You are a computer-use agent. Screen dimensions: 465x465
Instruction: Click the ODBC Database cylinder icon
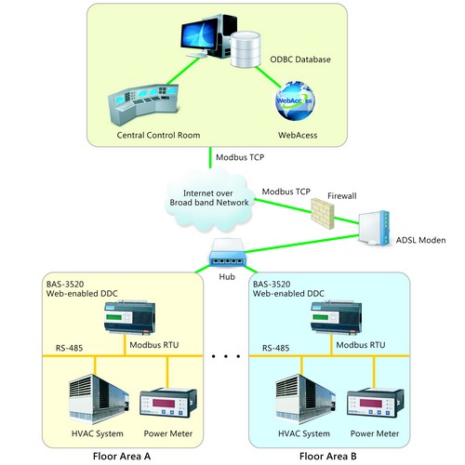246,49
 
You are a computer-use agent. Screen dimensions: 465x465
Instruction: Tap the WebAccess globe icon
295,100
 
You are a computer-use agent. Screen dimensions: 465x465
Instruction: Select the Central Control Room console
143,104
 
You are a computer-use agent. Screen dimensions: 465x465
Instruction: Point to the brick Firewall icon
323,214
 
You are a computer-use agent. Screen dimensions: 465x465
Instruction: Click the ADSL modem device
374,228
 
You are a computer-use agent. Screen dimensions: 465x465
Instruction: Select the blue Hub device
228,252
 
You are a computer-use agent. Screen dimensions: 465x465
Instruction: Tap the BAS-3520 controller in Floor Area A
129,317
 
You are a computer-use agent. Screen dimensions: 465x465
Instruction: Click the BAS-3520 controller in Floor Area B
336,317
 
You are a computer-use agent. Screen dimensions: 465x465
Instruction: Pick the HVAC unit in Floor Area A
99,399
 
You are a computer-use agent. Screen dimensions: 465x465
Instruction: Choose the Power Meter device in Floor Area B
375,403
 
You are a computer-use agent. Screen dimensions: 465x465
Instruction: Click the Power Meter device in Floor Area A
168,403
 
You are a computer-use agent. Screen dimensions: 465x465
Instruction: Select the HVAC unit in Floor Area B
305,399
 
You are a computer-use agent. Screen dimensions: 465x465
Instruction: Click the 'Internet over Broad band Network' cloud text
209,198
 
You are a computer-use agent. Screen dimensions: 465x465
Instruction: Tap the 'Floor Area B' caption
328,456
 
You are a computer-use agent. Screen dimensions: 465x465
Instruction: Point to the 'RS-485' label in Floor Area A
69,348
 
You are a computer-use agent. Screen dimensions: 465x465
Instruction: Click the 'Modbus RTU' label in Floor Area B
361,345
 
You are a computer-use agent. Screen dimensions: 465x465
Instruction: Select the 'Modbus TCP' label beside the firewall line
286,192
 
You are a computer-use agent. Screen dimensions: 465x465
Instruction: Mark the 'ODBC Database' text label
300,60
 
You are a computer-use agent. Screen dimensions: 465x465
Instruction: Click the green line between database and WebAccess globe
269,77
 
